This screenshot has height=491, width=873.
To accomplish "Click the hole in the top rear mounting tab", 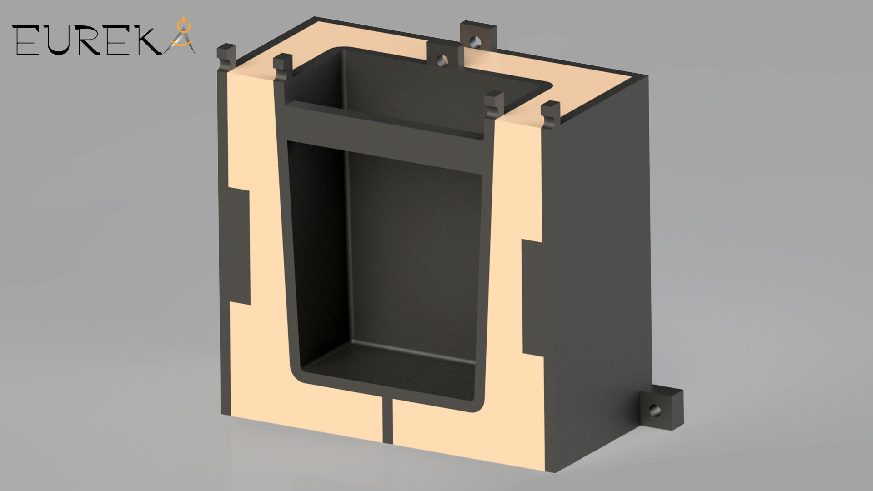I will tap(476, 42).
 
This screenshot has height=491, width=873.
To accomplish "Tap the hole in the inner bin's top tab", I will tap(441, 60).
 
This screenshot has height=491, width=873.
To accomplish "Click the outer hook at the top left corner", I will tap(226, 57).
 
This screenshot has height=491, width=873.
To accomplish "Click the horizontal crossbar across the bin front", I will tap(386, 125).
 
